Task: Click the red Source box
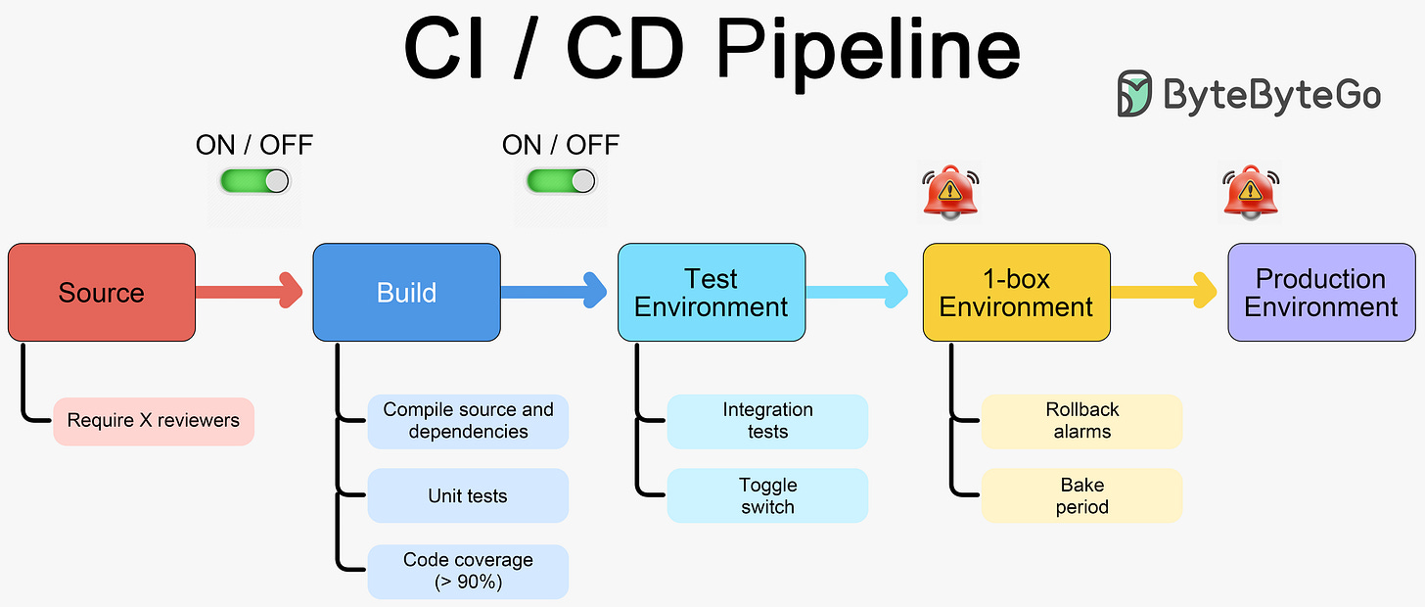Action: click(x=102, y=293)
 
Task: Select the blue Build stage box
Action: click(x=406, y=293)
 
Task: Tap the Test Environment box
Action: click(x=712, y=293)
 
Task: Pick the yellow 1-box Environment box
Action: click(x=1016, y=293)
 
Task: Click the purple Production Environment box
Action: click(x=1320, y=293)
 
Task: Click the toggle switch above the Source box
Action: click(x=254, y=181)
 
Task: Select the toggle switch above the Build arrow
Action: click(x=561, y=181)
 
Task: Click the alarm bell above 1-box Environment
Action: click(x=950, y=191)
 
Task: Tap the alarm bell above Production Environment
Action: click(x=1251, y=191)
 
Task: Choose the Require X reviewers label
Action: click(x=154, y=421)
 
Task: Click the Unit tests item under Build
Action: click(x=468, y=496)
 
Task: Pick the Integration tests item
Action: click(x=767, y=421)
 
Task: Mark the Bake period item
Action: click(x=1081, y=496)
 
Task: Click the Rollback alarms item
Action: click(x=1081, y=421)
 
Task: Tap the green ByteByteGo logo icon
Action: click(x=1135, y=94)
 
